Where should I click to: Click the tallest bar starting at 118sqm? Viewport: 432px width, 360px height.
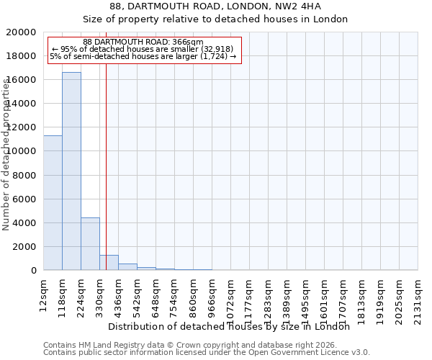point(71,171)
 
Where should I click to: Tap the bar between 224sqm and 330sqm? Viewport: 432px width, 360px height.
point(90,244)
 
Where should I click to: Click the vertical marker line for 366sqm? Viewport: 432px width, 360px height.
point(106,166)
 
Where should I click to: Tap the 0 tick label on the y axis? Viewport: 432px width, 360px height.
point(33,270)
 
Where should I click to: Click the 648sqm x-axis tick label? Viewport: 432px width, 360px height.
point(156,295)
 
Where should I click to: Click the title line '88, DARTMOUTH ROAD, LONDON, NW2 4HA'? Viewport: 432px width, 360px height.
point(215,6)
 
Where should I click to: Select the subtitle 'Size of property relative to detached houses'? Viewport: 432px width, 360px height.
point(215,19)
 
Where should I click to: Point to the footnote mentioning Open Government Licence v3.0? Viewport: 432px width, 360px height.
point(207,353)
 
